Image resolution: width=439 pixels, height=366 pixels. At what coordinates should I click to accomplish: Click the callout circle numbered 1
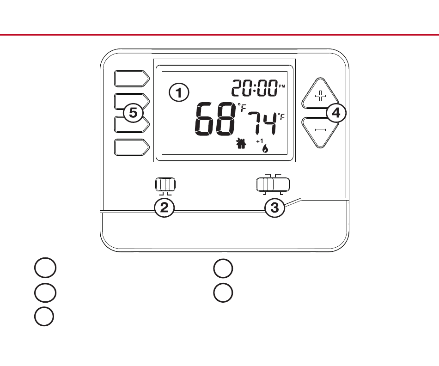coord(179,92)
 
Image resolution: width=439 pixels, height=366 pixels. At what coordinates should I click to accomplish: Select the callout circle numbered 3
coord(274,207)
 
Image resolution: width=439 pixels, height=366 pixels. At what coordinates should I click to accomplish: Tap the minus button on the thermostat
coord(320,130)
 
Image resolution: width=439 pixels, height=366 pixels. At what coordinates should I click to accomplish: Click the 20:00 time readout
coord(254,88)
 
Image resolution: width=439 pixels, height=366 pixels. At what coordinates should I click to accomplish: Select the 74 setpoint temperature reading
coord(262,123)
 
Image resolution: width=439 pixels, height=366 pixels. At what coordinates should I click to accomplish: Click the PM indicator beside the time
coord(282,86)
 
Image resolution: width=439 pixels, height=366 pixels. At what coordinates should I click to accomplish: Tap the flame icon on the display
coord(265,149)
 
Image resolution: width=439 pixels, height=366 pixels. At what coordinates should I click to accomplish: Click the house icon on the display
coord(240,144)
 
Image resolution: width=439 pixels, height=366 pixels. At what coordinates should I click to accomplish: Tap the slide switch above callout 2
coord(165,184)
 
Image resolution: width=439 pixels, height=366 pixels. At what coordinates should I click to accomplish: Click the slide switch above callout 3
coord(272,185)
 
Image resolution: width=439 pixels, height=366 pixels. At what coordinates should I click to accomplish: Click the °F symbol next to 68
coord(242,108)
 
